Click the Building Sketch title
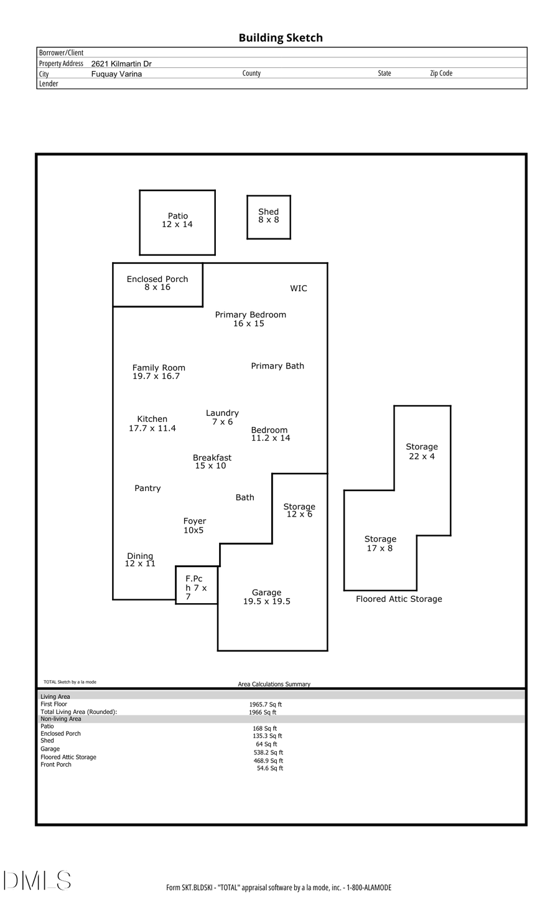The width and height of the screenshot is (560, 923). point(281,38)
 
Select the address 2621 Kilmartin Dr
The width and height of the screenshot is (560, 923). point(121,63)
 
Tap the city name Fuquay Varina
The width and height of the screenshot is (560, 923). point(116,74)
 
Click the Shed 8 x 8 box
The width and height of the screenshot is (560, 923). point(269,217)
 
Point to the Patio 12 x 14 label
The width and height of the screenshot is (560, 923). point(177,220)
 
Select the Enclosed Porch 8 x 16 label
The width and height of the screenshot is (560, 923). point(157,283)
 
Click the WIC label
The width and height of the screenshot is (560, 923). point(299,289)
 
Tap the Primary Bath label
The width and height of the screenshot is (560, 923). point(278,366)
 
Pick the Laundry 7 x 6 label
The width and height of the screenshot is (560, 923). point(222,418)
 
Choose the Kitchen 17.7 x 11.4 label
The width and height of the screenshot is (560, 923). point(152,424)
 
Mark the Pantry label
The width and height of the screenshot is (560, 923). point(147,489)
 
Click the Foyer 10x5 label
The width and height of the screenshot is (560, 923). point(194,526)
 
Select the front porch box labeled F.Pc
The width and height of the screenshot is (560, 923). point(197,585)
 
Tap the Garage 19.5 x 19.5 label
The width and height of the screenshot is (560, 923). point(266,597)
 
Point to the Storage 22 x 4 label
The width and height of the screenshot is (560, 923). point(422,451)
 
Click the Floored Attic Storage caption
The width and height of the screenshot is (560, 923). point(399,599)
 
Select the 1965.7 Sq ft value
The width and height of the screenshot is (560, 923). point(266,705)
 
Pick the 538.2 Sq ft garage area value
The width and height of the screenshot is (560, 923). point(268,752)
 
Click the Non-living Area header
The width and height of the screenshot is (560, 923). point(61,719)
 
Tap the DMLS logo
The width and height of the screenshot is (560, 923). point(37,881)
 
